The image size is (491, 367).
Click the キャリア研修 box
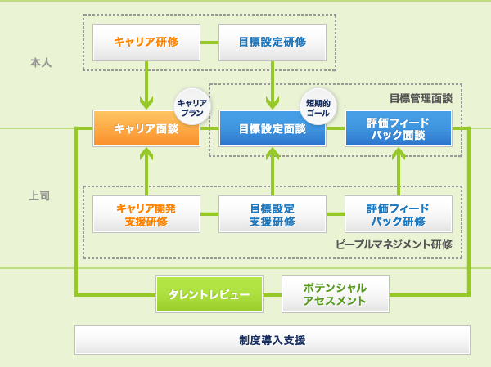[146, 42]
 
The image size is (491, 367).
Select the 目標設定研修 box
[273, 42]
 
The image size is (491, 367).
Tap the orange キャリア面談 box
[146, 128]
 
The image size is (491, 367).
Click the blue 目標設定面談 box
[273, 128]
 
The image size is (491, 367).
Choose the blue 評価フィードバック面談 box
[399, 128]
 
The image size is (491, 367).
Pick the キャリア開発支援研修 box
[146, 214]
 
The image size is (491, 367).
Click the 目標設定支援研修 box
[273, 214]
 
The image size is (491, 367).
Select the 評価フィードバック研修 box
[399, 214]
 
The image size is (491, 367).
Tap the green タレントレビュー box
[209, 294]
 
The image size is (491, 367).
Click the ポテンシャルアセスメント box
[336, 294]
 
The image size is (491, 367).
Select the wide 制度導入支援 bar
[273, 339]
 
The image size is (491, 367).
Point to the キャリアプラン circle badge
[191, 105]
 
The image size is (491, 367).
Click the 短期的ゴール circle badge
[318, 105]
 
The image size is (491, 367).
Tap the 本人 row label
[41, 62]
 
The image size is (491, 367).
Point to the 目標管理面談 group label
[420, 98]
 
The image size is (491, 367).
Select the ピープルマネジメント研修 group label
[394, 244]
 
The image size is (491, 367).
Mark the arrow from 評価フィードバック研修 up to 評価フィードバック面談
[399, 171]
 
